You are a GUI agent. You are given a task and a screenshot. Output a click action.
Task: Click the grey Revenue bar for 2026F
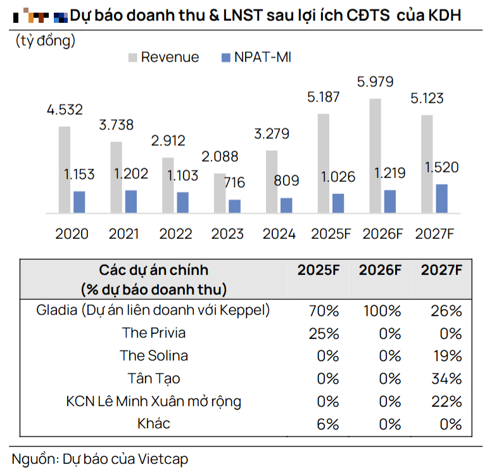tap(375, 155)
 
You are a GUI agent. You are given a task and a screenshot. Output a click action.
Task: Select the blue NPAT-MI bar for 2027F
tap(441, 198)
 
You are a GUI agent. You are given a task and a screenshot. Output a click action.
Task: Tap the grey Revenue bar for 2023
tap(219, 193)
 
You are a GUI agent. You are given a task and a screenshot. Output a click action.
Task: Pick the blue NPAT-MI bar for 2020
tap(79, 202)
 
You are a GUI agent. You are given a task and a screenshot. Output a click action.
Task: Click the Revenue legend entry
tap(163, 57)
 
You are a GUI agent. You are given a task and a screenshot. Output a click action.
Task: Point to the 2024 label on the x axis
tap(279, 234)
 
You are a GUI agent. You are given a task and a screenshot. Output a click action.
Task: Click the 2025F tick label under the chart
tap(331, 234)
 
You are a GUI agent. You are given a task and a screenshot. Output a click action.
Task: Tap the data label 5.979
tap(375, 82)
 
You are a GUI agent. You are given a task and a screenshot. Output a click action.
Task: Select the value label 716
tap(235, 183)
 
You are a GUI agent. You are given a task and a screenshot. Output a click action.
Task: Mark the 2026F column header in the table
tap(380, 270)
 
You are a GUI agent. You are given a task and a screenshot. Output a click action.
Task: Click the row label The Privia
tap(154, 333)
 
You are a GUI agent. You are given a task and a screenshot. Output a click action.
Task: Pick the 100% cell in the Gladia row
tap(381, 311)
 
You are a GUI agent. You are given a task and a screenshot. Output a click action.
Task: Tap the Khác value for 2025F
tap(328, 424)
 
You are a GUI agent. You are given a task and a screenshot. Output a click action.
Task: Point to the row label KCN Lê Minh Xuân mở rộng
tap(154, 401)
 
